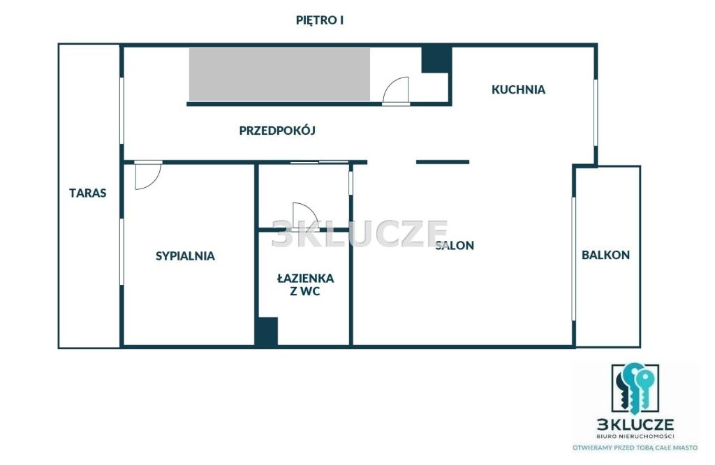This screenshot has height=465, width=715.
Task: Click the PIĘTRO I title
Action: (x=320, y=20)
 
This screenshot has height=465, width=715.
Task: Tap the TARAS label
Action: (x=87, y=193)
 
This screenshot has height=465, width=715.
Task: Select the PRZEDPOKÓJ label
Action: (x=277, y=131)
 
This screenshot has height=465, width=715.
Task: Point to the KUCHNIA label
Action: (x=519, y=89)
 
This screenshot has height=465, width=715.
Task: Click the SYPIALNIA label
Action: (x=185, y=256)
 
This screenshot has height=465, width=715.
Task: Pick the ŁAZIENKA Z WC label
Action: (x=306, y=284)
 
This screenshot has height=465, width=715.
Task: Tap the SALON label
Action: (x=455, y=245)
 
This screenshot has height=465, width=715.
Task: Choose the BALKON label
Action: (x=605, y=255)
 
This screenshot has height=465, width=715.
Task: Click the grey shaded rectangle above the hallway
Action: (x=279, y=74)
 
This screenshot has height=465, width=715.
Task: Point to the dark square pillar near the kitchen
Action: (x=436, y=59)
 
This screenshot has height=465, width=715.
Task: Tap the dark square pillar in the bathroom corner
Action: (x=266, y=331)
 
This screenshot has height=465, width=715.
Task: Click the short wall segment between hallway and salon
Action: (x=442, y=162)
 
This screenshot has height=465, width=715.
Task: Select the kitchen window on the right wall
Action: (x=595, y=113)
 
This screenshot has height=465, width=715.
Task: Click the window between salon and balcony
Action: (x=574, y=258)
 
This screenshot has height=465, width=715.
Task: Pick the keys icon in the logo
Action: (x=635, y=387)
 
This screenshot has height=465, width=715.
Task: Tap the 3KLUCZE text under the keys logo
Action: (x=635, y=425)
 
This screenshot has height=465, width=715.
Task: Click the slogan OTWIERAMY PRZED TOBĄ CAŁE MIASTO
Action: (x=635, y=448)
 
